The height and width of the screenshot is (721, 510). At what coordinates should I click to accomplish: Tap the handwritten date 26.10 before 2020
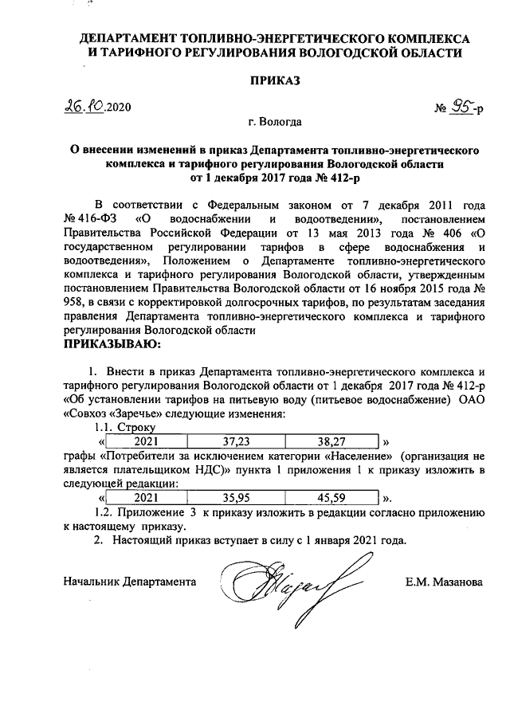click(x=84, y=106)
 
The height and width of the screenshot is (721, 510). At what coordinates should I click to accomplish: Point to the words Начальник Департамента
click(x=130, y=582)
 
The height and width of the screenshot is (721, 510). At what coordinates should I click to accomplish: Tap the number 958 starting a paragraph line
click(x=74, y=302)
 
